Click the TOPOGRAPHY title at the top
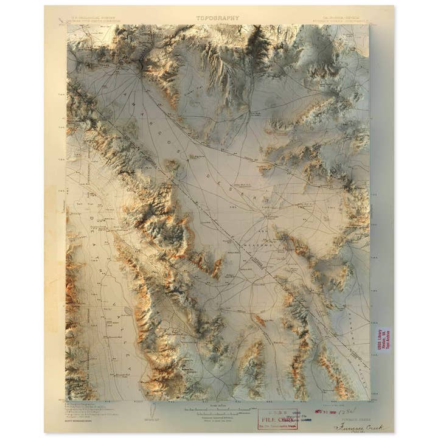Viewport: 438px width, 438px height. [218, 18]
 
